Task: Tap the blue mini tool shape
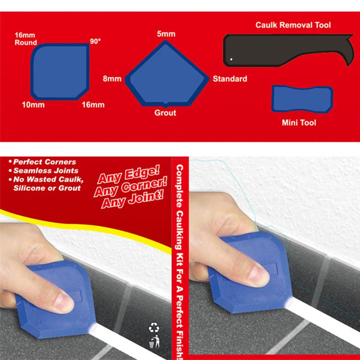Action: [x=302, y=99]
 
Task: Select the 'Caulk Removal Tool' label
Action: [x=293, y=25]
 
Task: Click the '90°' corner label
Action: [x=95, y=42]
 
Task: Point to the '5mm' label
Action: [x=166, y=34]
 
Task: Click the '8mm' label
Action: [x=112, y=79]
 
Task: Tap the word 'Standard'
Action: [x=230, y=79]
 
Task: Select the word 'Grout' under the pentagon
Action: [x=165, y=113]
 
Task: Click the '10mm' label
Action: [x=33, y=105]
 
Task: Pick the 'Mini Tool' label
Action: [x=299, y=123]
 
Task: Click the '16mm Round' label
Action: [x=26, y=39]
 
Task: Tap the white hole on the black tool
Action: [x=231, y=59]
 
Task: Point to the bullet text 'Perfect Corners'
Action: [x=44, y=162]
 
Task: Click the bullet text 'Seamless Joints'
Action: [x=46, y=170]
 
